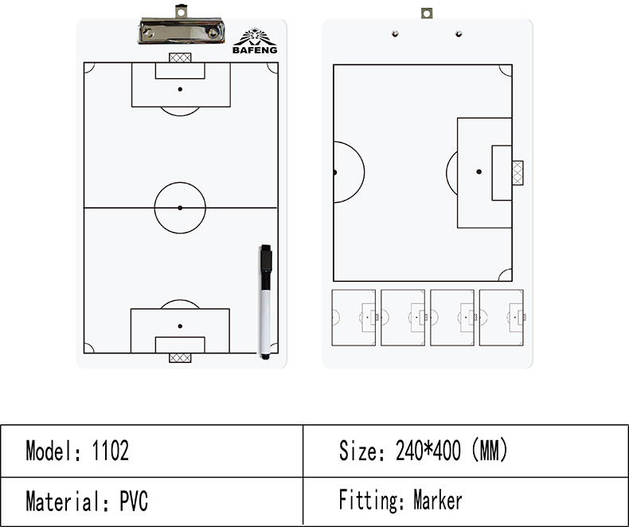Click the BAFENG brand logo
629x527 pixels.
(x=255, y=41)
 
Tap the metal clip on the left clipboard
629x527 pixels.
(x=181, y=26)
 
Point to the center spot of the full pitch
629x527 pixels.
(x=180, y=208)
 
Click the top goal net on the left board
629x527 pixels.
(x=180, y=58)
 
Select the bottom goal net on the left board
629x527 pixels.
(x=180, y=357)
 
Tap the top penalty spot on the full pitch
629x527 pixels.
(x=180, y=89)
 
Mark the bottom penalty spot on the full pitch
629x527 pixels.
(x=180, y=326)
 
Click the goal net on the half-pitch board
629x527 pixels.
(x=518, y=173)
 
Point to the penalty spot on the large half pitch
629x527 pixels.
(x=479, y=172)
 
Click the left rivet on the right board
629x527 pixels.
(x=395, y=33)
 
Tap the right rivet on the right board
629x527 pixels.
(x=459, y=33)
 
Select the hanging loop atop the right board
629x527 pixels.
(x=427, y=14)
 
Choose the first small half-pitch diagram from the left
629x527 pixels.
(x=354, y=318)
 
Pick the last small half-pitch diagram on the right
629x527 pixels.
(x=502, y=318)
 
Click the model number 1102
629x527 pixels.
(x=111, y=451)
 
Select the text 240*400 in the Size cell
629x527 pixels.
(x=428, y=450)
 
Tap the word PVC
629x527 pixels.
(x=134, y=501)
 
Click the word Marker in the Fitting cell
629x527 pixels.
(x=438, y=500)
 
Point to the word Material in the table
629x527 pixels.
(x=63, y=501)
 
